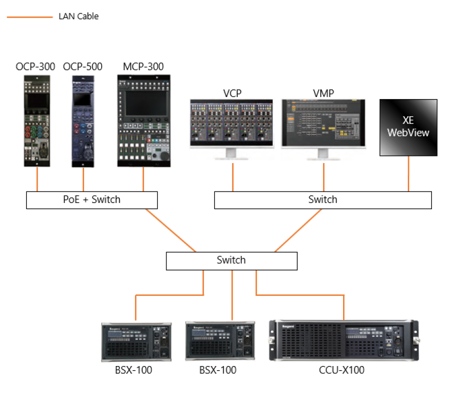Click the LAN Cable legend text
tap(79, 17)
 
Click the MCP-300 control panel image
tap(143, 120)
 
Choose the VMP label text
tap(323, 93)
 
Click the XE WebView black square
tap(409, 128)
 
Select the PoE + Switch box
tap(92, 200)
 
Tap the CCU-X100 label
tap(343, 370)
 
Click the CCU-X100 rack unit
tap(343, 341)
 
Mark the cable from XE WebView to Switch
tap(409, 173)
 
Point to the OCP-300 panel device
tap(37, 120)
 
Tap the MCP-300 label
tap(143, 67)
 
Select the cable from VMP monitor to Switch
tap(324, 177)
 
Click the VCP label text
tap(232, 93)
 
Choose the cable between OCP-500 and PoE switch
tap(84, 179)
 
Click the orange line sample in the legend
tap(29, 17)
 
